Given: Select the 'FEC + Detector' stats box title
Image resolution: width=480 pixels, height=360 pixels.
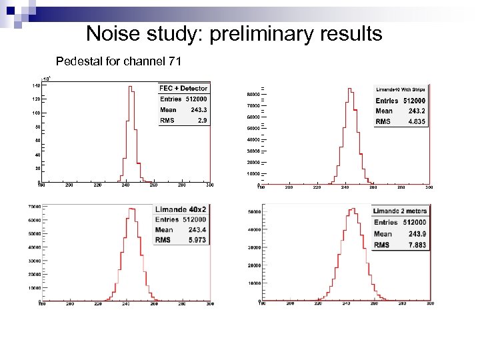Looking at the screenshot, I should [x=183, y=88].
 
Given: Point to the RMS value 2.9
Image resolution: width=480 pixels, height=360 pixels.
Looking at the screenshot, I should [x=201, y=121].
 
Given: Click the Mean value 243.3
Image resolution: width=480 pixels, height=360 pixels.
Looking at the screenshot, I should [x=198, y=110].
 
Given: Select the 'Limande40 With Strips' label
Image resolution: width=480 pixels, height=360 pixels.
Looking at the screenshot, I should [x=401, y=89].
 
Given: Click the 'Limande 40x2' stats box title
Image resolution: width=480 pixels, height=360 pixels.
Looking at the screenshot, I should [x=181, y=209].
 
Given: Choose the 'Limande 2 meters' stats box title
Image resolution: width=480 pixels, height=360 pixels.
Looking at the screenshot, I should [x=400, y=211].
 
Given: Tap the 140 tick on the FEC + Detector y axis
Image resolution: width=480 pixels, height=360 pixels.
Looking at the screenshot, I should [x=35, y=85].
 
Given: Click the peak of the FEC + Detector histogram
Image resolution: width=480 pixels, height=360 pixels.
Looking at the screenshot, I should [x=131, y=86].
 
